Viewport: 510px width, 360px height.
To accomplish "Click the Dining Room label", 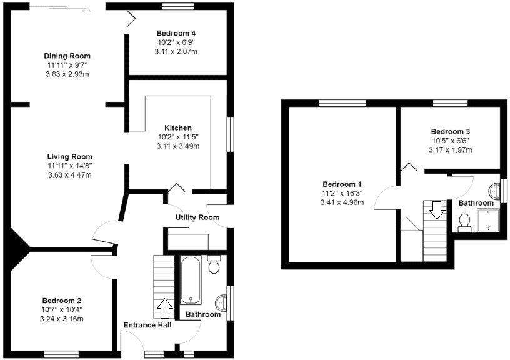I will coord(67,56).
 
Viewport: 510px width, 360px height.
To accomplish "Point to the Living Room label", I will coord(69,156).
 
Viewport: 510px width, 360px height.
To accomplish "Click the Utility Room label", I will coord(197,217).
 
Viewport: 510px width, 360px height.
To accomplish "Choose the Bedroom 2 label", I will coord(62,300).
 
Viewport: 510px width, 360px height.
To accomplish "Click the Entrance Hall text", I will coord(147,325).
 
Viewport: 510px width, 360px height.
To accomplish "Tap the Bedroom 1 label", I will coord(342,184).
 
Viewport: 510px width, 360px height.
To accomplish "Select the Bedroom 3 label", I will coord(450,132).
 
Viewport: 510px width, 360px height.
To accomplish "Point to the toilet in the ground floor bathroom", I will coord(214,266).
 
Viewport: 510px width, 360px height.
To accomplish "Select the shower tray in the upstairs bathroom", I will coord(489,219).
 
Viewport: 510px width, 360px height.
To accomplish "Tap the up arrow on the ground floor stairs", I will coord(165,307).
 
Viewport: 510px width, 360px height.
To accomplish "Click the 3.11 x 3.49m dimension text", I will coord(177,146).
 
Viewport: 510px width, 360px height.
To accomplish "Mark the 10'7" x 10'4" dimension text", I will coord(62,309).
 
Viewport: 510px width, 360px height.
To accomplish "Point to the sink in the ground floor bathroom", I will coord(222,303).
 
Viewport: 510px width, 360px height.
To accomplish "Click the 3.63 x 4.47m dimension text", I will coord(69,175).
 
